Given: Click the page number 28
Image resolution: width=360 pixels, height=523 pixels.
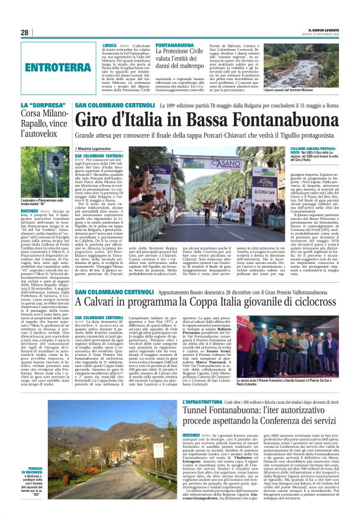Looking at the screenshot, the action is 25,32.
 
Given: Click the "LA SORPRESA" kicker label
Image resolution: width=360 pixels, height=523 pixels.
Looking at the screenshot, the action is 35,106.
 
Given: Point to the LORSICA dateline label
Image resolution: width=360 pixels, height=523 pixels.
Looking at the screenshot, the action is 109,46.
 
